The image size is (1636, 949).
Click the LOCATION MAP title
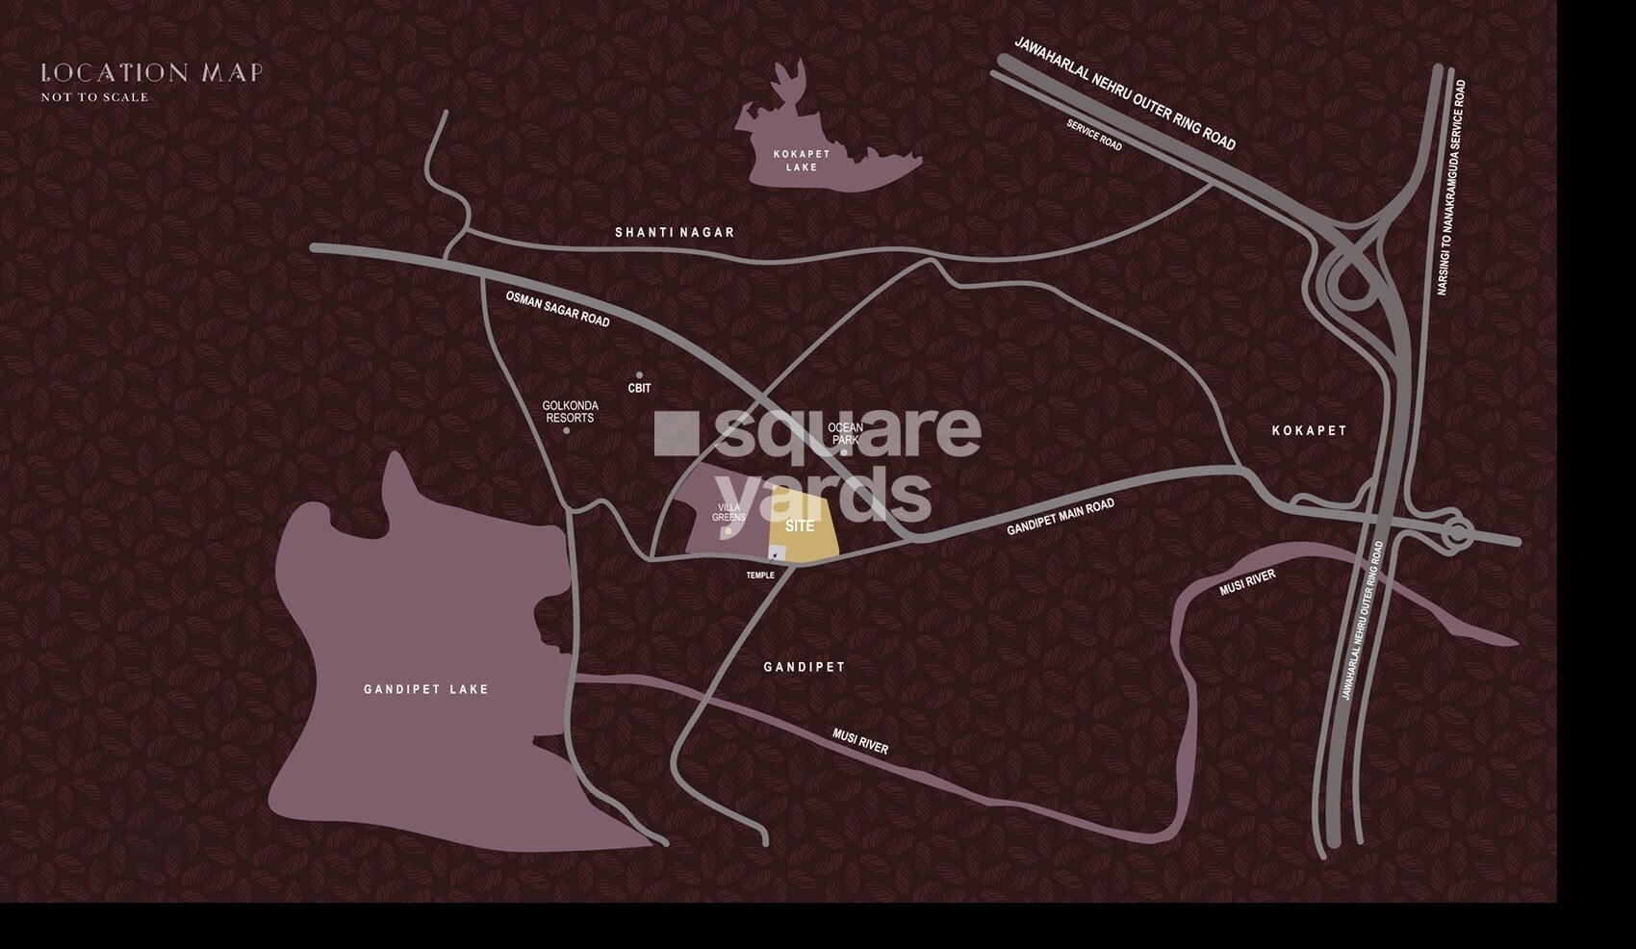pyautogui.click(x=151, y=73)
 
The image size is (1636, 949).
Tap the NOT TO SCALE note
pyautogui.click(x=94, y=97)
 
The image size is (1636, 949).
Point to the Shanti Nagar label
pyautogui.click(x=675, y=233)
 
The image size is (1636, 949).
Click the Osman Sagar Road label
pyautogui.click(x=557, y=309)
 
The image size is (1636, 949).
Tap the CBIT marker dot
pyautogui.click(x=639, y=375)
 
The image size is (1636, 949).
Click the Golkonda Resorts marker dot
pyautogui.click(x=566, y=430)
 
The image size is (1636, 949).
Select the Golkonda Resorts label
pyautogui.click(x=569, y=412)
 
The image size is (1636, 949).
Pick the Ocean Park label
pyautogui.click(x=845, y=433)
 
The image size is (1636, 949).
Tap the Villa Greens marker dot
pyautogui.click(x=729, y=530)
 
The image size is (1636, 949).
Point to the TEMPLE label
pyautogui.click(x=760, y=576)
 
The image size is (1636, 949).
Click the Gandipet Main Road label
pyautogui.click(x=1060, y=518)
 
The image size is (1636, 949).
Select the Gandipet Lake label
pyautogui.click(x=426, y=689)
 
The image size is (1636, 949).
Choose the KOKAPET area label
pyautogui.click(x=1309, y=430)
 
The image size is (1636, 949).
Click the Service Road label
pyautogui.click(x=1094, y=135)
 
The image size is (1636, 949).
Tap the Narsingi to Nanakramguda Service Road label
pyautogui.click(x=1451, y=188)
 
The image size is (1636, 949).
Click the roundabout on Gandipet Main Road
pyautogui.click(x=1456, y=532)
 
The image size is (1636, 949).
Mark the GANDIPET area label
pyautogui.click(x=805, y=667)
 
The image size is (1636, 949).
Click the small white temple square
pyautogui.click(x=775, y=551)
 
